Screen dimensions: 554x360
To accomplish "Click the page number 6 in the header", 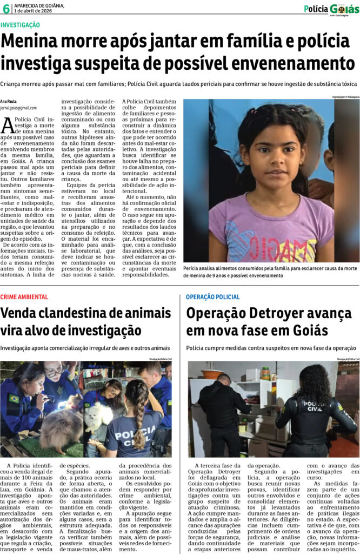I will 6,9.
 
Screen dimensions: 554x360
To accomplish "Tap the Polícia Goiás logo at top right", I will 331,9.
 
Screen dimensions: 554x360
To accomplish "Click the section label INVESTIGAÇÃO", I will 20,25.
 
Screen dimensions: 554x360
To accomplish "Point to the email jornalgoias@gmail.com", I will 18,108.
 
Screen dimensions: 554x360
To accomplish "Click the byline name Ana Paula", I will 8,101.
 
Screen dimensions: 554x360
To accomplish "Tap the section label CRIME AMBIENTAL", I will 24,297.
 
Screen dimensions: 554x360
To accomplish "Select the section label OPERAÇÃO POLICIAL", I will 212,297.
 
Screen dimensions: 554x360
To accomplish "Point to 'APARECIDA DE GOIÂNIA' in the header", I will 39,5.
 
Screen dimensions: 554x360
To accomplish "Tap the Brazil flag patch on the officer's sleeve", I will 14,399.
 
